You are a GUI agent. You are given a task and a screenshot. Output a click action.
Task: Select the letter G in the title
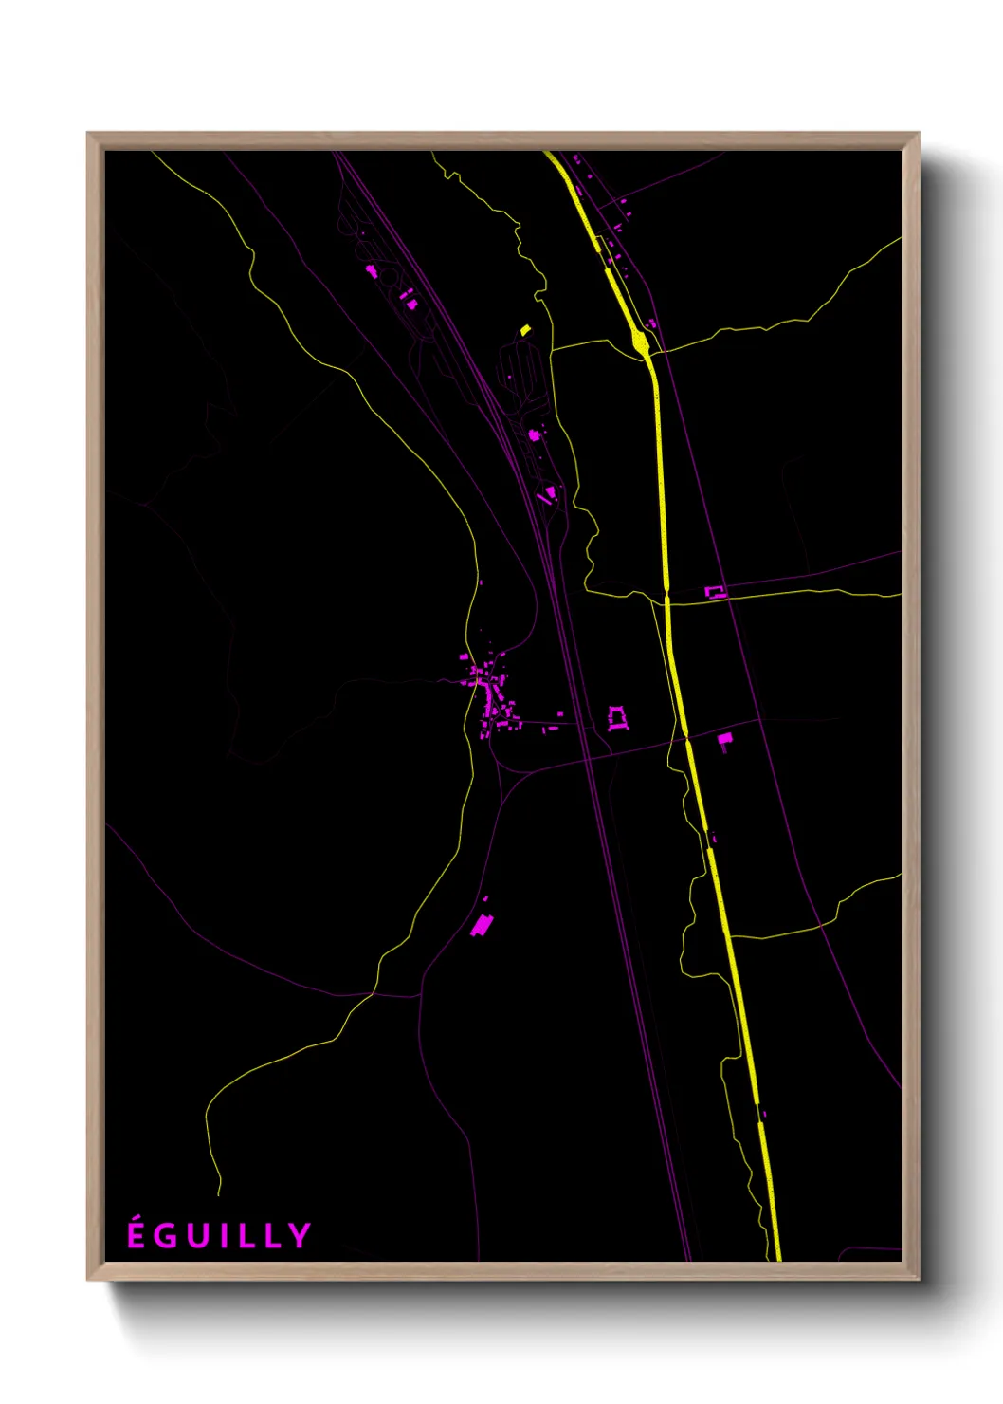click(167, 1235)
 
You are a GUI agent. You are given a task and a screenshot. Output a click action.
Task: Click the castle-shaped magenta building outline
click(617, 718)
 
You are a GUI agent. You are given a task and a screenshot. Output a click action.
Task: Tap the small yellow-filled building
click(525, 330)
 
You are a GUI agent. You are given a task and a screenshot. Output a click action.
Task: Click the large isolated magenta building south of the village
click(483, 924)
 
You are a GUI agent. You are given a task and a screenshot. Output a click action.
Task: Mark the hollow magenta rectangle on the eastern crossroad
click(716, 592)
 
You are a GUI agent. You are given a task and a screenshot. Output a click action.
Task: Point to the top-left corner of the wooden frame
click(88, 134)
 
